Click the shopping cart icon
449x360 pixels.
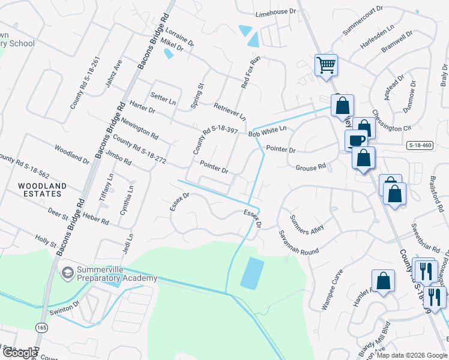(x=326, y=64)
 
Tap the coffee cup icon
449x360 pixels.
(x=356, y=140)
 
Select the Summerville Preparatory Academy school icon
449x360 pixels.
(x=67, y=272)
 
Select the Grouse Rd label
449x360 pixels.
(x=310, y=167)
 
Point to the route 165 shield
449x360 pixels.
(x=41, y=329)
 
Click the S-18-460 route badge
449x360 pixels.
(x=420, y=145)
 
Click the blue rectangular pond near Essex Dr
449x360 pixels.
(x=252, y=273)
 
